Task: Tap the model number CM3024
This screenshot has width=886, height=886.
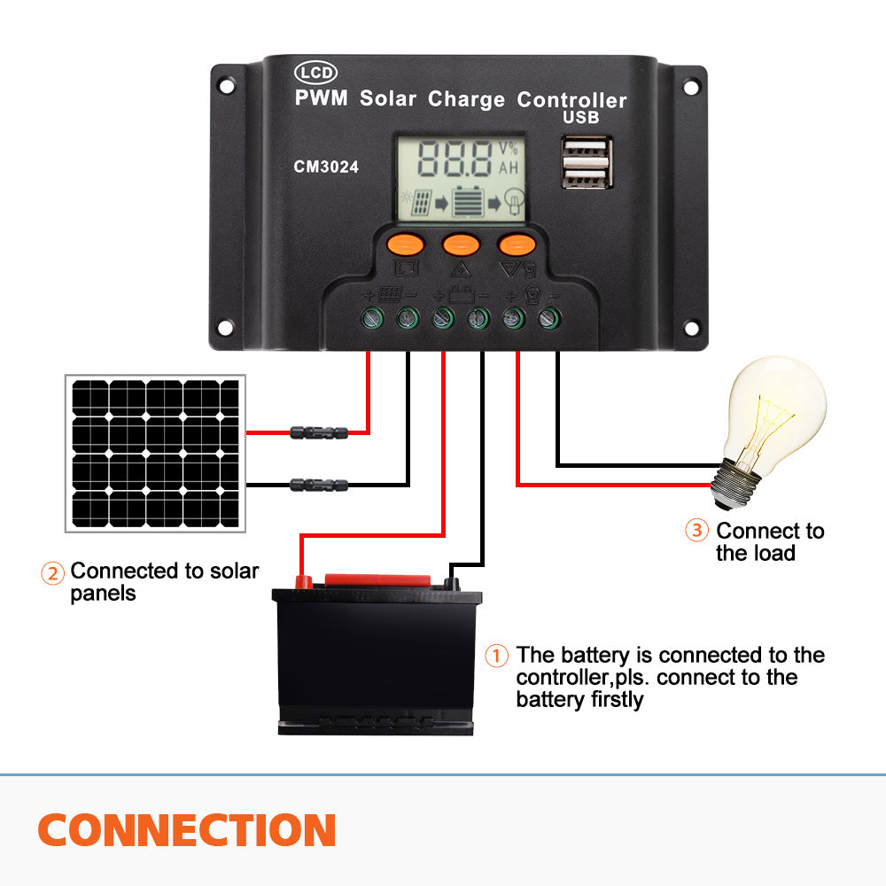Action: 326,166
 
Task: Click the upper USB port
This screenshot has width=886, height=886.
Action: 586,150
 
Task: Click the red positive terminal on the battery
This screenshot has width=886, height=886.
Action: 302,582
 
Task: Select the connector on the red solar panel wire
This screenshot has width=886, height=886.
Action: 319,432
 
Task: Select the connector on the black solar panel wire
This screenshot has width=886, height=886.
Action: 319,485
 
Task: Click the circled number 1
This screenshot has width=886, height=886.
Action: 497,657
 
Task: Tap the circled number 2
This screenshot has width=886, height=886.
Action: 53,573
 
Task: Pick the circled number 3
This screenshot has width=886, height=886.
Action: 697,531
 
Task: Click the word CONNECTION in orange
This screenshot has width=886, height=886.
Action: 187,830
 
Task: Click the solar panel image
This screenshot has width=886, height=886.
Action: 154,453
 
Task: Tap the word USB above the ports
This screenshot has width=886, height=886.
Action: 581,118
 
